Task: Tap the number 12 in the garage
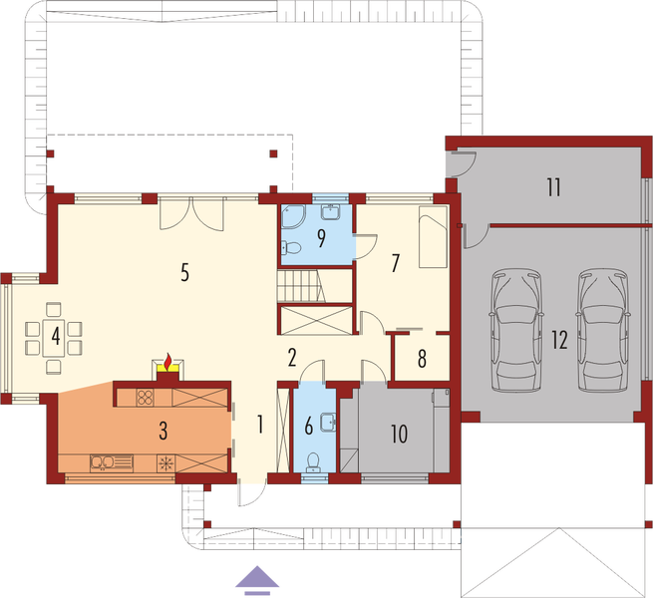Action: (559, 340)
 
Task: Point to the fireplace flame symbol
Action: (168, 358)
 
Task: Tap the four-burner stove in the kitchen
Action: (144, 398)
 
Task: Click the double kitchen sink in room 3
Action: (103, 462)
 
